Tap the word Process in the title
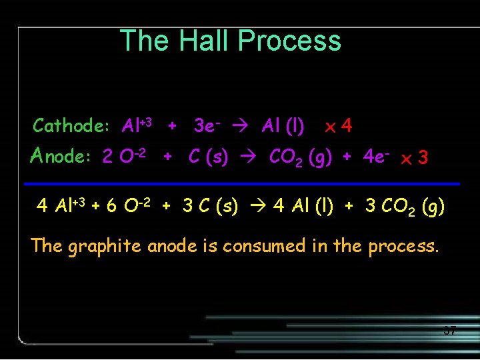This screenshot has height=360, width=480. pos(289,41)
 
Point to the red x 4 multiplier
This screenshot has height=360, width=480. pos(338,125)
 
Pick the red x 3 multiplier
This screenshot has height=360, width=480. pos(414,158)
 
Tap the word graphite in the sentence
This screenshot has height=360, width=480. pos(105,246)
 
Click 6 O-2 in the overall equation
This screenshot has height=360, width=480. pos(134,206)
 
